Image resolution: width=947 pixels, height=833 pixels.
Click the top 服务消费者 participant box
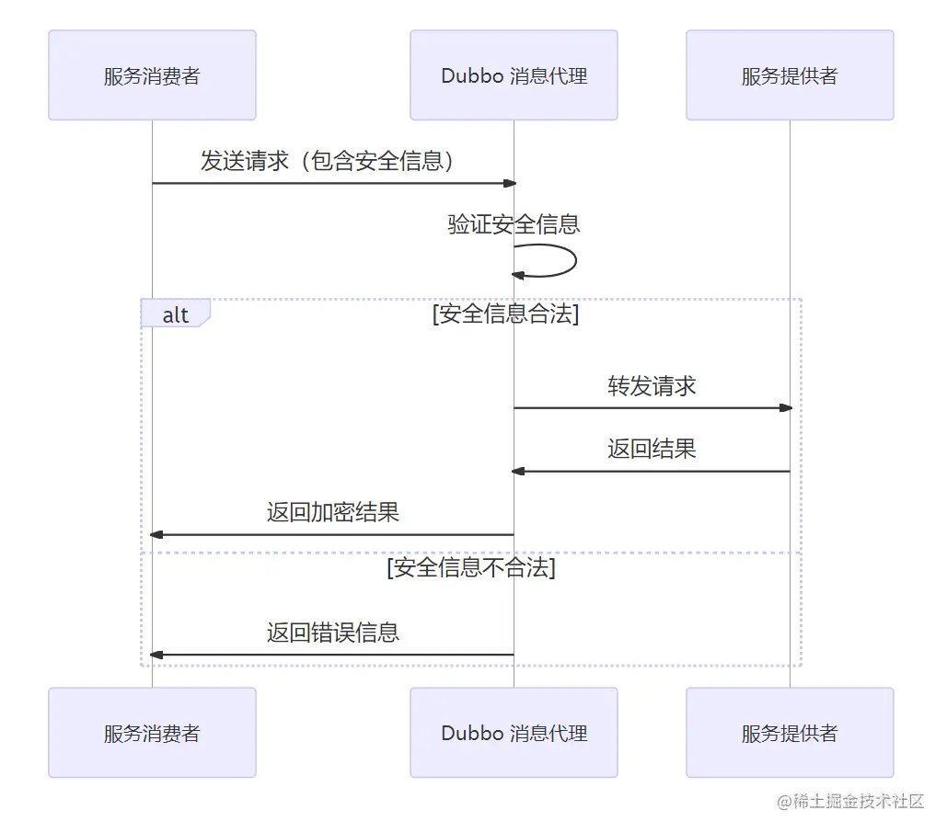pos(152,75)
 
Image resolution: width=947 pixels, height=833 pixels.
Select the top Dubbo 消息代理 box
pos(514,75)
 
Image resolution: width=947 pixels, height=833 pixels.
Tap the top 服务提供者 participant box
pos(790,75)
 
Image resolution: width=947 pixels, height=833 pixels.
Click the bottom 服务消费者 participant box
pos(152,733)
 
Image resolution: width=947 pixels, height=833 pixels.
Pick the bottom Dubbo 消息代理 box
pos(514,733)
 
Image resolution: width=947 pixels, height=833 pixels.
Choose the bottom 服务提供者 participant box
pos(790,733)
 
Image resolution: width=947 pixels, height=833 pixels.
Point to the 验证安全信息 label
pos(514,224)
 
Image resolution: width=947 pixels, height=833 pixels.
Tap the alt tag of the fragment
pos(175,314)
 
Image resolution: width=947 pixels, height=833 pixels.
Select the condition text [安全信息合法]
pos(505,314)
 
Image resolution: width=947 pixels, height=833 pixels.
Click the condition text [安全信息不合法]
pos(471,568)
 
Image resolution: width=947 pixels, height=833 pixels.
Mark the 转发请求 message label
pos(652,386)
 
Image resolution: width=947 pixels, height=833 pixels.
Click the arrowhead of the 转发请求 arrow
pos(785,407)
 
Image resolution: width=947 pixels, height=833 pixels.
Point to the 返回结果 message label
pos(652,449)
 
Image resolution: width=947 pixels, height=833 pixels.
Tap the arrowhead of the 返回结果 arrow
pos(518,471)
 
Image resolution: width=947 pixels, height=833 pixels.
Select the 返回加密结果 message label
pos(333,512)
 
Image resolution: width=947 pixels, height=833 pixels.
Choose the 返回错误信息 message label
pos(333,633)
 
